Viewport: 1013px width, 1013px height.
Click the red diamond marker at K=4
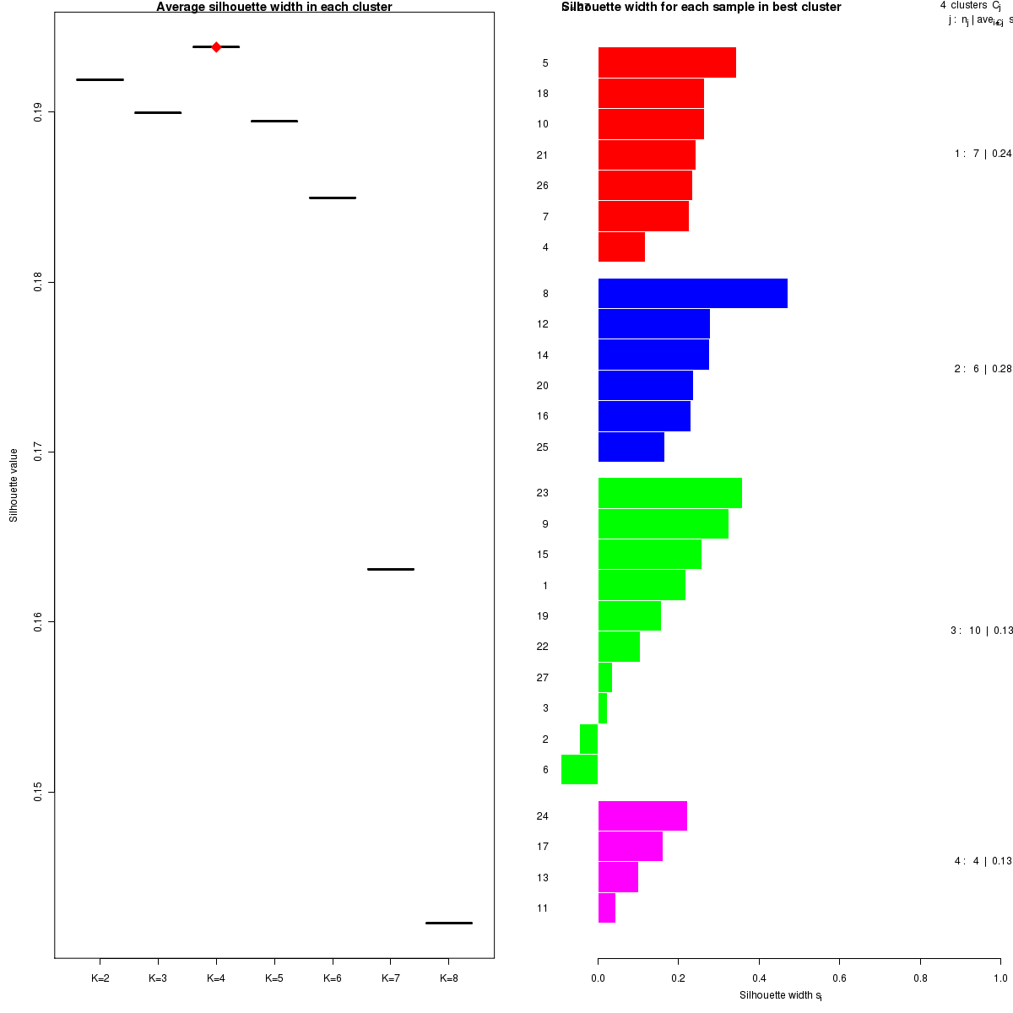(x=216, y=47)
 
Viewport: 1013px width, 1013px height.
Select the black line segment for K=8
(x=448, y=923)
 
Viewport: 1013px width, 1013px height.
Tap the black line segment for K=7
(x=390, y=569)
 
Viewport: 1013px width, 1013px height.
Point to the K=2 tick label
(x=100, y=978)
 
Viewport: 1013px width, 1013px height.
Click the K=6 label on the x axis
(x=333, y=978)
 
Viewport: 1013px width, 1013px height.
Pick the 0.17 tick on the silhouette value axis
(x=39, y=452)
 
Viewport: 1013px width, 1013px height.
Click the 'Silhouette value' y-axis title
(x=14, y=485)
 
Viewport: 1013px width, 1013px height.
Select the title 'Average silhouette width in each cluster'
(x=274, y=8)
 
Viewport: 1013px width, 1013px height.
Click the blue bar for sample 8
(x=692, y=293)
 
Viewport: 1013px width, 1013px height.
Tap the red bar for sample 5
(x=667, y=62)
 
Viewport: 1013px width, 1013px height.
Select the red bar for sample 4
(x=621, y=246)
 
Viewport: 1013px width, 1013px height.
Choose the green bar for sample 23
(x=669, y=493)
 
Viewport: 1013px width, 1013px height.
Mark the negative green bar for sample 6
(x=579, y=769)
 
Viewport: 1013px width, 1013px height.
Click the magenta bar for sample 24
(x=642, y=815)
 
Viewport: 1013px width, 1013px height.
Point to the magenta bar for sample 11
(x=606, y=907)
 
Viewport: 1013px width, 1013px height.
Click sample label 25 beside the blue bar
(x=543, y=447)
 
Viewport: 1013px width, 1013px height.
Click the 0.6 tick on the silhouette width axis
(x=839, y=978)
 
